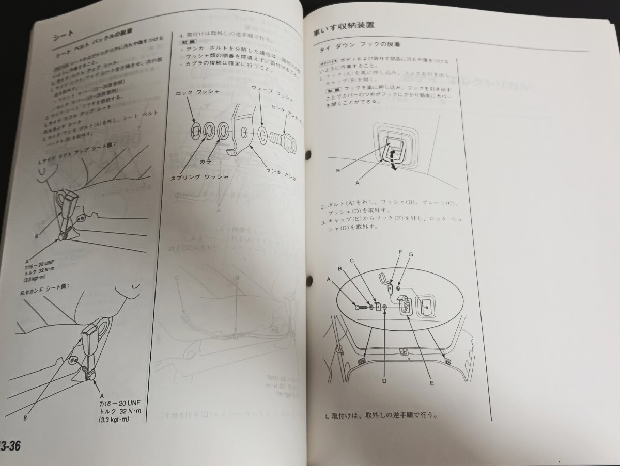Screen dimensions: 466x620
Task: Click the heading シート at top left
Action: click(65, 38)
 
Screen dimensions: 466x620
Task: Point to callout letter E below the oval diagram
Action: click(431, 383)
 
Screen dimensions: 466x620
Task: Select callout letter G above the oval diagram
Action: click(411, 255)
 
